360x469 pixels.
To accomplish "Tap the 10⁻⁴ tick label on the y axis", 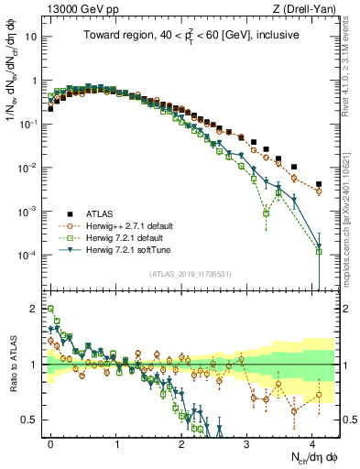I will (28, 255).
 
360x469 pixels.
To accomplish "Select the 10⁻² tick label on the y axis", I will (28, 168).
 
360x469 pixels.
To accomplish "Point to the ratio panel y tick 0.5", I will (30, 420).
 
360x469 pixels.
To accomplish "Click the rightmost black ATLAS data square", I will (319, 184).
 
